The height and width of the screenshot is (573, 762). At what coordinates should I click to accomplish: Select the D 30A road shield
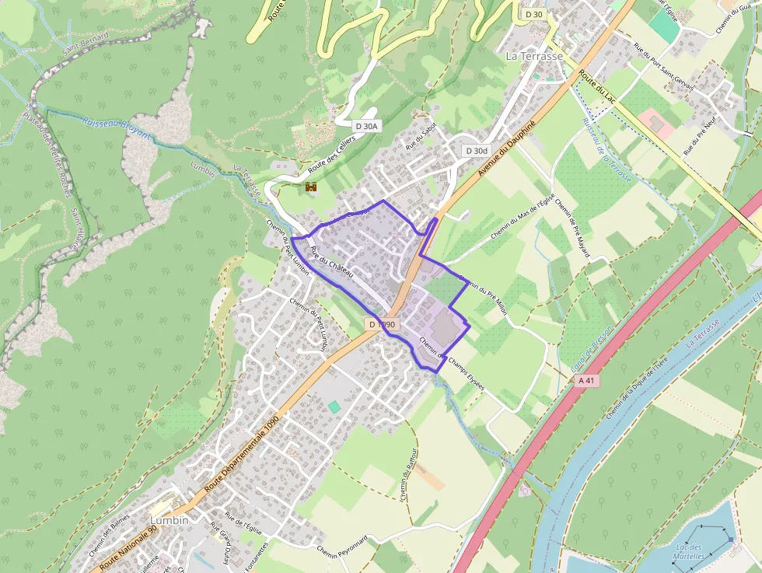(x=366, y=126)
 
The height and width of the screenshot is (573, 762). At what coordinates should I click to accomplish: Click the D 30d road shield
(x=476, y=150)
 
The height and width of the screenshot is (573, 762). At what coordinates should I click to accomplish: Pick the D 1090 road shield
(x=382, y=324)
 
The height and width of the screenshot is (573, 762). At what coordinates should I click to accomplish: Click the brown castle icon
(x=311, y=187)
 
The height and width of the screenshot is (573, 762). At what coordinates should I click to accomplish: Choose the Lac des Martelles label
(x=690, y=552)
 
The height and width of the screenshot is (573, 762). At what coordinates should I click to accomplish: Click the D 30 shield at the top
(x=533, y=14)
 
